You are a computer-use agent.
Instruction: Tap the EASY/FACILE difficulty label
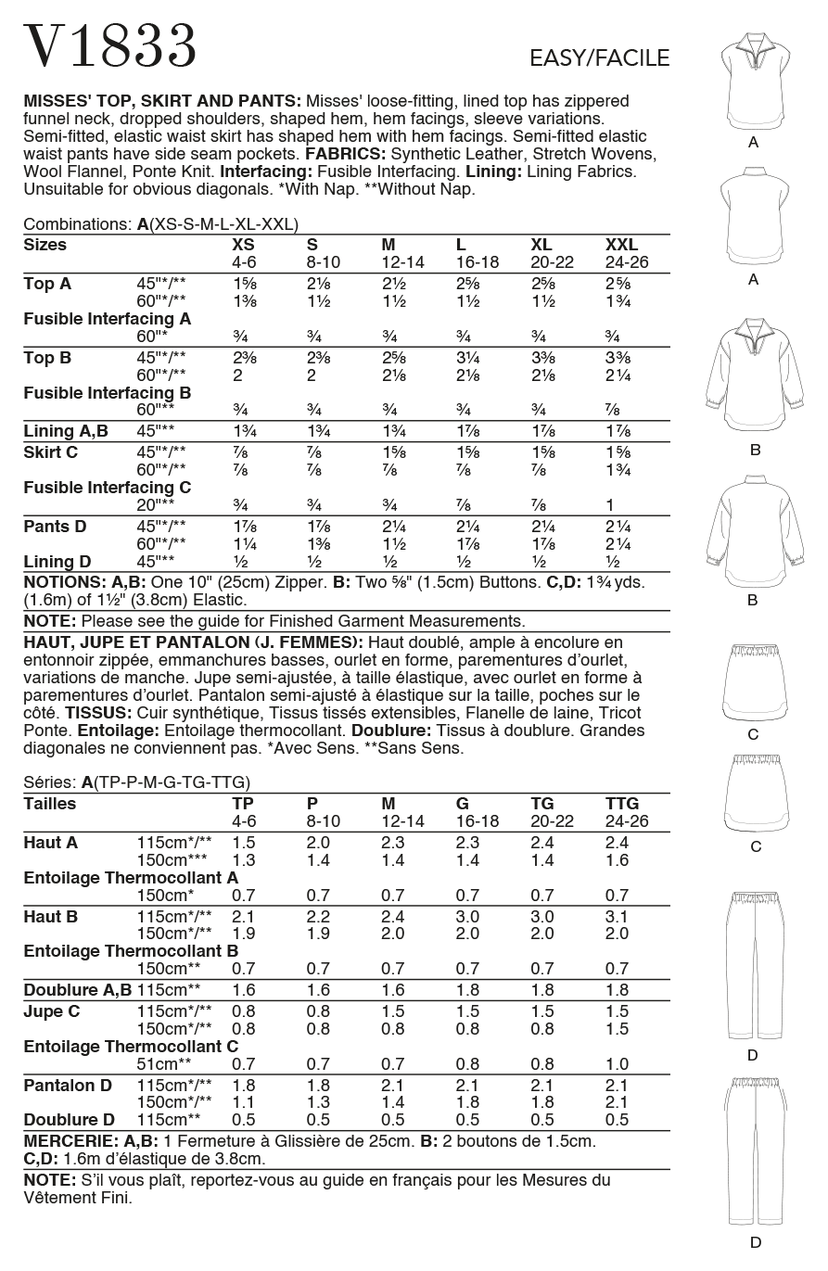tap(599, 58)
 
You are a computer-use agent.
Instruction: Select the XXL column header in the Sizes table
tap(621, 245)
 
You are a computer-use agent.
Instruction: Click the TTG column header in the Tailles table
tap(622, 804)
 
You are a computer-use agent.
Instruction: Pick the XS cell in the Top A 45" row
tap(244, 284)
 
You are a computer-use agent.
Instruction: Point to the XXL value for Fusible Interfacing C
tap(610, 505)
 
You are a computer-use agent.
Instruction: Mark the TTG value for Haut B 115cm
tap(617, 916)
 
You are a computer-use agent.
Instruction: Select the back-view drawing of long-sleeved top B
tap(753, 537)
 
